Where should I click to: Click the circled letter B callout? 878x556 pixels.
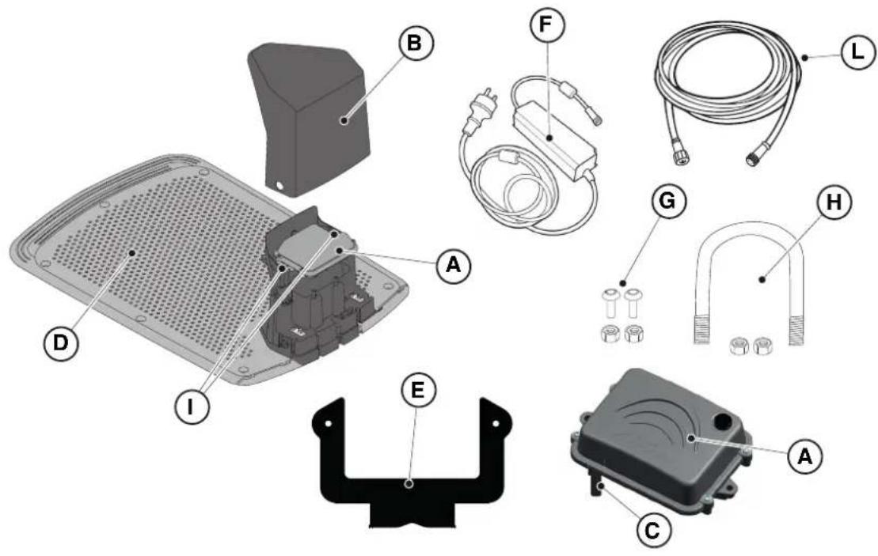point(416,43)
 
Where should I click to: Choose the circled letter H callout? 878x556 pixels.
point(834,202)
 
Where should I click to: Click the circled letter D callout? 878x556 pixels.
point(60,342)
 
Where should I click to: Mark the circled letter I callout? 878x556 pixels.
point(191,407)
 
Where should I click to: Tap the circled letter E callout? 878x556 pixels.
point(418,390)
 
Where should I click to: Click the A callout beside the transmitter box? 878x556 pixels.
point(804,456)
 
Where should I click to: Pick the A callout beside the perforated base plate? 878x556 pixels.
point(454,265)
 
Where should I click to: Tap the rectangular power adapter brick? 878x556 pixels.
point(552,137)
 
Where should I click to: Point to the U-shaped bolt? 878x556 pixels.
point(751,280)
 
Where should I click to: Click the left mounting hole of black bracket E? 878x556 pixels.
point(329,423)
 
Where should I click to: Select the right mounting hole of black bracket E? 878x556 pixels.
point(495,424)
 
